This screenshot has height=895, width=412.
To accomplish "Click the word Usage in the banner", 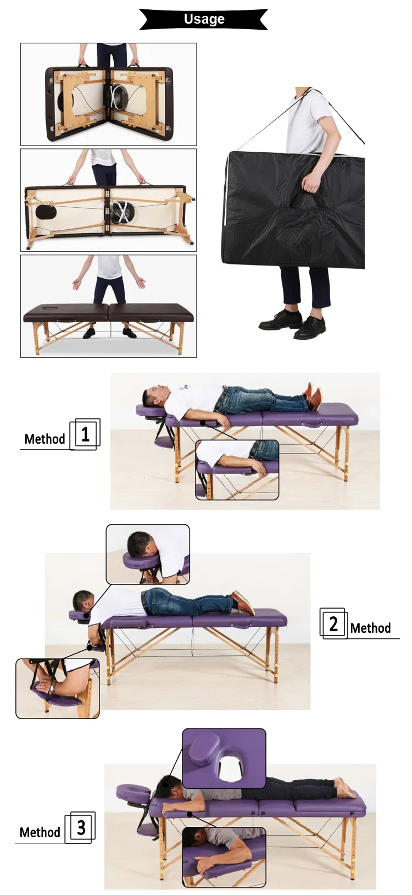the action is coord(204,19).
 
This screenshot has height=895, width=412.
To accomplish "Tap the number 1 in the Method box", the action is coord(85,434).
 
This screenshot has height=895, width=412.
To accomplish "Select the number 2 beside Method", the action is coord(333,623).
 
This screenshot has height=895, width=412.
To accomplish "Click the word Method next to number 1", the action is coord(44,439).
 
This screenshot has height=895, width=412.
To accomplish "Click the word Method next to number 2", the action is coord(370,628).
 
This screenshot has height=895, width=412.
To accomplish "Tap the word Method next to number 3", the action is coord(40,833).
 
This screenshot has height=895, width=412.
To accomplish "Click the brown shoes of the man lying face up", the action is coord(313,396).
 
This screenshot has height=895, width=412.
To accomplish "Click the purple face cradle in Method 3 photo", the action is coord(133,792).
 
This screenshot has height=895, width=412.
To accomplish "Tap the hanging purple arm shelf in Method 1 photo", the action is coord(163,441).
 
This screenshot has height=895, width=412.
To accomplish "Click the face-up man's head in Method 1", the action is coord(154,394).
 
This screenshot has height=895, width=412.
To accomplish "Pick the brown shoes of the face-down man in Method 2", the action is coord(242,602).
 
